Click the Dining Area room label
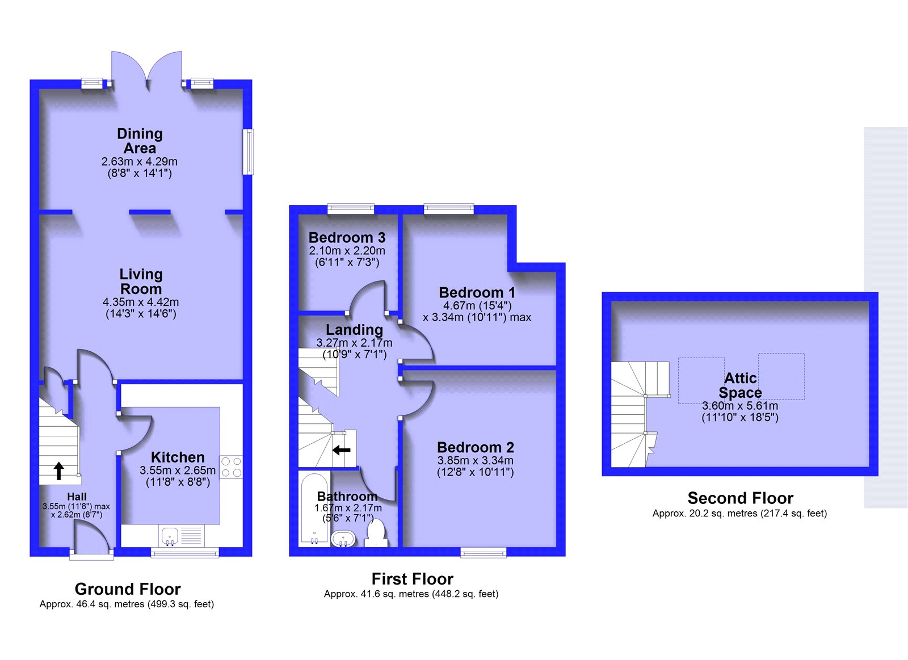click(x=140, y=141)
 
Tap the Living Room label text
click(x=141, y=281)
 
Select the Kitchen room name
click(x=178, y=457)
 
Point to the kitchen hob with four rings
click(x=232, y=467)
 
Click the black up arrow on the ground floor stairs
click(x=58, y=471)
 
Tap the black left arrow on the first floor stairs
click(x=341, y=450)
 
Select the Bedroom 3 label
click(x=347, y=237)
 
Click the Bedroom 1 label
click(x=477, y=292)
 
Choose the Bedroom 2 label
click(x=476, y=447)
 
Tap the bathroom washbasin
click(x=343, y=539)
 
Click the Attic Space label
click(x=740, y=385)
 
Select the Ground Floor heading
click(x=128, y=589)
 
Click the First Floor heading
click(x=413, y=579)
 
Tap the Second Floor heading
click(x=741, y=498)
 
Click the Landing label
click(x=354, y=330)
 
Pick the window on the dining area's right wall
click(x=248, y=152)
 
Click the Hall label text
click(x=77, y=497)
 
